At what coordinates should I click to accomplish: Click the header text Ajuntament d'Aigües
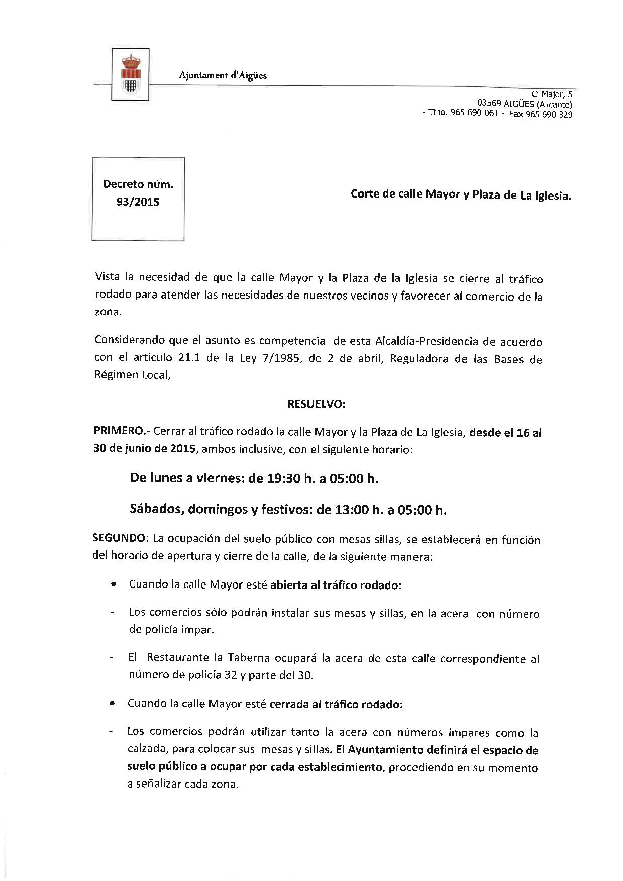pyautogui.click(x=223, y=75)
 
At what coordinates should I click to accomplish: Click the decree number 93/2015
pyautogui.click(x=138, y=202)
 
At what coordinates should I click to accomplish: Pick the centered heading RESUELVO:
pyautogui.click(x=316, y=403)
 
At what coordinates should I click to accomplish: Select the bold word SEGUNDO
pyautogui.click(x=118, y=538)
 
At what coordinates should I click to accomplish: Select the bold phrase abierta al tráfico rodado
pyautogui.click(x=335, y=585)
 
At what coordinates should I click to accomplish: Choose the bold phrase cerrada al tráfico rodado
pyautogui.click(x=336, y=704)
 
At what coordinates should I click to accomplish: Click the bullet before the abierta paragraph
pyautogui.click(x=115, y=585)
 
